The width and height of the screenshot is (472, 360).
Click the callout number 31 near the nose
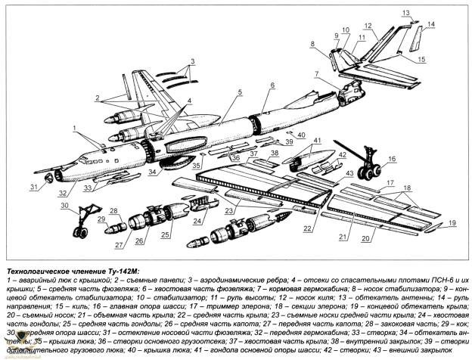[x=33, y=187]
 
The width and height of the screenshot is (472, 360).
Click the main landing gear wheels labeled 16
[x=368, y=173]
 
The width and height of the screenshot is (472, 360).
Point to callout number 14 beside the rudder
[x=431, y=25]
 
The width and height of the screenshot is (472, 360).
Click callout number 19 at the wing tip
[x=452, y=222]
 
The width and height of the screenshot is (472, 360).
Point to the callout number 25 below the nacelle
[x=164, y=247]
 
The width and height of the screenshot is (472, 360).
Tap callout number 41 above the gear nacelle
[x=318, y=140]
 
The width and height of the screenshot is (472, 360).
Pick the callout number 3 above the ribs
[x=192, y=60]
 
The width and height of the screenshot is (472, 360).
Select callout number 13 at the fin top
[x=405, y=12]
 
